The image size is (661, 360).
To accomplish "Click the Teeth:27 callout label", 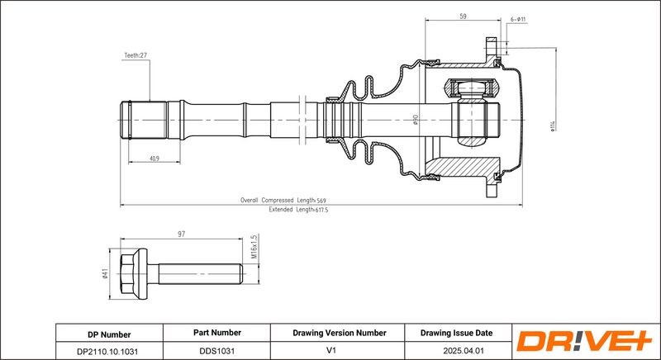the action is tap(136, 55).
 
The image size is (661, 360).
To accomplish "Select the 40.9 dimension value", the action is tap(155, 159).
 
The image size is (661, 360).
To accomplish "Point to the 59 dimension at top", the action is tap(463, 17).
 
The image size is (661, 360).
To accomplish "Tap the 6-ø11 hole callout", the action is tap(518, 19).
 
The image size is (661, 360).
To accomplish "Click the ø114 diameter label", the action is tap(553, 126).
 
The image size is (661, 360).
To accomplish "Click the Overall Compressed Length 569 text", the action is tap(283, 201).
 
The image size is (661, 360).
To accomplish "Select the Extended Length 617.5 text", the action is tap(298, 209).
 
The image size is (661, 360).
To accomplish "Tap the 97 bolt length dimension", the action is tap(181, 234).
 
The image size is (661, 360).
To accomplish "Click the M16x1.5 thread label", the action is tap(254, 246).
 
